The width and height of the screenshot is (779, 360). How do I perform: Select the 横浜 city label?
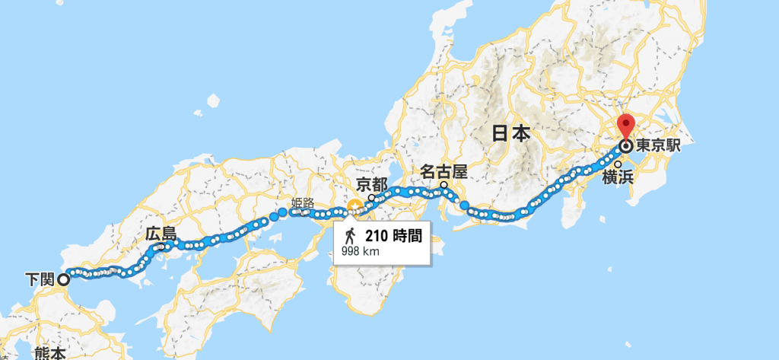click(x=617, y=177)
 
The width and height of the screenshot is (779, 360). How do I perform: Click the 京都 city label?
click(x=372, y=184)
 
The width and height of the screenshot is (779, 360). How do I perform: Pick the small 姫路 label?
click(x=302, y=203)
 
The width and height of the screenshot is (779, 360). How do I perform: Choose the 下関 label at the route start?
click(x=38, y=279)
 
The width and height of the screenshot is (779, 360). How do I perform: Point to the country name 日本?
click(x=510, y=134)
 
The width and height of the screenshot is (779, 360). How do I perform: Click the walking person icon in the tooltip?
click(x=351, y=234)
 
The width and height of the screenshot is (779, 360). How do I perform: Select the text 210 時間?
click(x=393, y=235)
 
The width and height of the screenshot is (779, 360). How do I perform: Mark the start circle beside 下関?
click(x=63, y=279)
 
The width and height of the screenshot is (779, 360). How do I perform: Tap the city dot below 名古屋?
click(x=443, y=184)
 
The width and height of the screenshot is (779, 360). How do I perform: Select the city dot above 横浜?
click(x=618, y=164)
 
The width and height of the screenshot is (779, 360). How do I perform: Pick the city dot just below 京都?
click(x=372, y=197)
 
